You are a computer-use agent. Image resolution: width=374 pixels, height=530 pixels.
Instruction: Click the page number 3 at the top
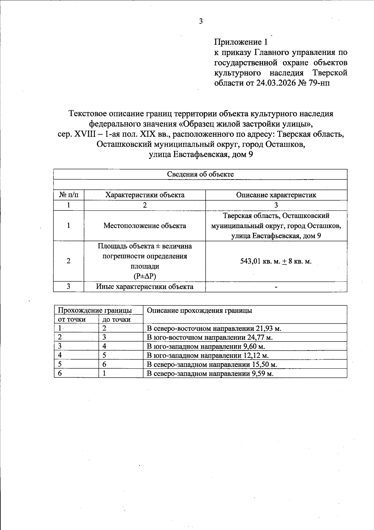pos(201,21)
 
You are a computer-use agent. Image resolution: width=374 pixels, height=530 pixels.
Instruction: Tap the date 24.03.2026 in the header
pos(276,83)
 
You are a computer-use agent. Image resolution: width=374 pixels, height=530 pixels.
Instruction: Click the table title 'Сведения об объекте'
pos(200,174)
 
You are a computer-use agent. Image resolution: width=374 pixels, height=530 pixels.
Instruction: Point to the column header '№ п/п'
pos(69,195)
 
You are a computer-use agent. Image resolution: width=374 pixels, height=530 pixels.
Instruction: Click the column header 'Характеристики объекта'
pos(145,195)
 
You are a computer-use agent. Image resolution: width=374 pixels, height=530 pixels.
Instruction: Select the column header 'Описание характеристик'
pos(276,195)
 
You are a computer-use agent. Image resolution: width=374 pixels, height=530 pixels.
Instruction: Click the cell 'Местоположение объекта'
pos(145,226)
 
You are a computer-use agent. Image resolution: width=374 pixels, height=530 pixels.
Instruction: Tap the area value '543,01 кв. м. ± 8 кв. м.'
pos(276,261)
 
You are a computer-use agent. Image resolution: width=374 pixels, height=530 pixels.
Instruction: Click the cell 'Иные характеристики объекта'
pos(145,287)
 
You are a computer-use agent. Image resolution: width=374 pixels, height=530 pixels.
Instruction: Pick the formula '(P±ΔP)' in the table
pos(145,276)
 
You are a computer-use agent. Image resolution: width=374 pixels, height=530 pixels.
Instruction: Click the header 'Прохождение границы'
pos(95,310)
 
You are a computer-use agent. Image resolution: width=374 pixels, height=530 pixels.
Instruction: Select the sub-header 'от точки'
pos(72,319)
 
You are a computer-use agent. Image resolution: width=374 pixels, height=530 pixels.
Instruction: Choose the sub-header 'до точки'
pos(116,319)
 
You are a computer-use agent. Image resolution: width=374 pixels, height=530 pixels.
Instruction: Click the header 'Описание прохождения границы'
pos(199,310)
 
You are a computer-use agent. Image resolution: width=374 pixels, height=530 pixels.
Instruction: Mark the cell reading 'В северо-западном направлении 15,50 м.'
pos(212,365)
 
